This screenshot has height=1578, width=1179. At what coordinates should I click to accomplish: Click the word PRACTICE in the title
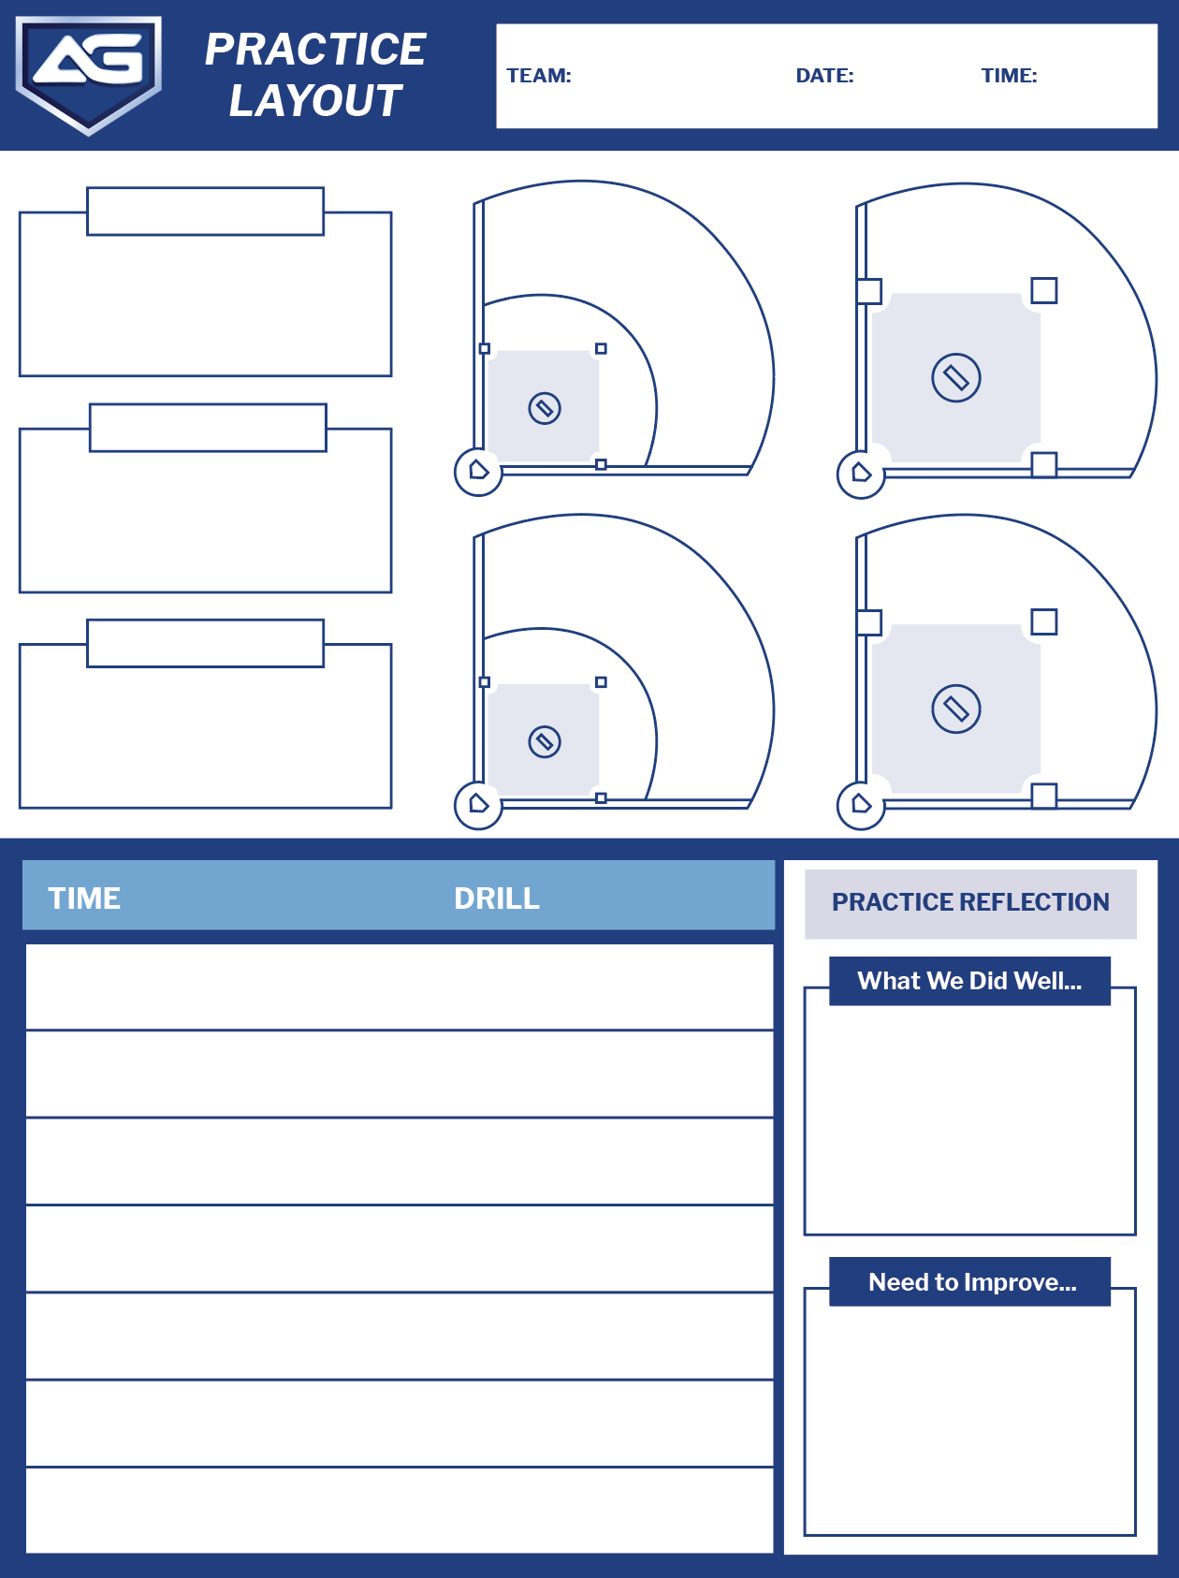tap(315, 50)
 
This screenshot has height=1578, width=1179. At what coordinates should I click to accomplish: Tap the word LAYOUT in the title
tap(315, 101)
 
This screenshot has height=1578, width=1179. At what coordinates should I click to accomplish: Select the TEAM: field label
tap(539, 76)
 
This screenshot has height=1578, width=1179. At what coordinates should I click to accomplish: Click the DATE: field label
tap(824, 76)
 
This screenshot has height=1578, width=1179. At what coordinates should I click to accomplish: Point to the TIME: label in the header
tap(1009, 76)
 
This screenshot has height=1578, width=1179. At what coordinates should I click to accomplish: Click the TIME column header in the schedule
tap(84, 899)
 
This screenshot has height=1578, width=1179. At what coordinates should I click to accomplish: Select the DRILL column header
tap(496, 899)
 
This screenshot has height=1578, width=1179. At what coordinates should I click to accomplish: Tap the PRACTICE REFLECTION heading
tap(970, 902)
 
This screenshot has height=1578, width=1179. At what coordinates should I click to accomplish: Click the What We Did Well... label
tap(969, 981)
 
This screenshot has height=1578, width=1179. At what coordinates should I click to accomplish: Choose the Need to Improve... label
tap(971, 1282)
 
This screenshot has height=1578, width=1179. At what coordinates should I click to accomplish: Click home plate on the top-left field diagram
tap(478, 471)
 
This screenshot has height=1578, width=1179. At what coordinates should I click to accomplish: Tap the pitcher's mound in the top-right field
tap(955, 378)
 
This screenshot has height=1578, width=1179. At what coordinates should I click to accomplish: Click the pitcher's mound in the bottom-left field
tap(545, 741)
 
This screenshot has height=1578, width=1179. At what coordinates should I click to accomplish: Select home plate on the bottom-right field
tap(861, 805)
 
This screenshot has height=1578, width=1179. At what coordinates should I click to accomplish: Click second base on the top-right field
tap(1044, 290)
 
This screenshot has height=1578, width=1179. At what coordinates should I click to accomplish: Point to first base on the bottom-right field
tap(1044, 796)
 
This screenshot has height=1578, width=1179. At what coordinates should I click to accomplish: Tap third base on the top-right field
tap(869, 291)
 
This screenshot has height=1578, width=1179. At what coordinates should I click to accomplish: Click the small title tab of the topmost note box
tap(206, 211)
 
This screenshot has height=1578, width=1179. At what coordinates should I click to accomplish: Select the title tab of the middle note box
tap(208, 428)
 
